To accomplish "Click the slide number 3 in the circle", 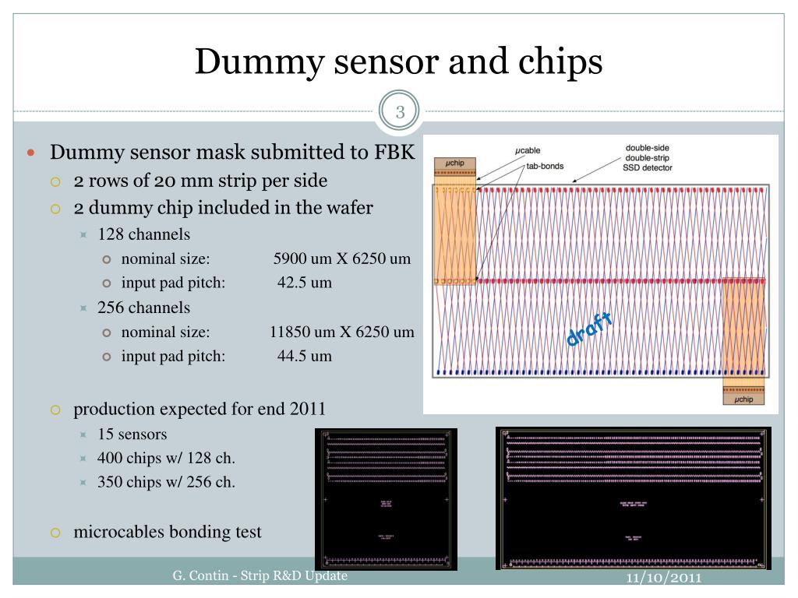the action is [x=400, y=112].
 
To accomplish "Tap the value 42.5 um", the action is [x=305, y=283].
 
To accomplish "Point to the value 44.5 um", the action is [x=305, y=356].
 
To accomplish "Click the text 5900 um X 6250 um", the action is [x=342, y=259].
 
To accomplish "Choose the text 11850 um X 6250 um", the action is [x=342, y=332].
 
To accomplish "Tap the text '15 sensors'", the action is [x=132, y=434].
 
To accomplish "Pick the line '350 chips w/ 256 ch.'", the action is [x=166, y=482].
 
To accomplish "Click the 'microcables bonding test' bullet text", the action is [x=168, y=533].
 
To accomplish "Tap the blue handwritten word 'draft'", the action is [x=589, y=328].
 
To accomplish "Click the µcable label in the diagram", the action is [x=528, y=150].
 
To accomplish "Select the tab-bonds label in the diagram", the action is [x=546, y=166].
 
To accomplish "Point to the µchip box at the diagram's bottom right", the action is [x=744, y=399].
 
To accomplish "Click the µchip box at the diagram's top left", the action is [x=454, y=162].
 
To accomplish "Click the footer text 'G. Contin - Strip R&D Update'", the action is [x=260, y=575].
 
